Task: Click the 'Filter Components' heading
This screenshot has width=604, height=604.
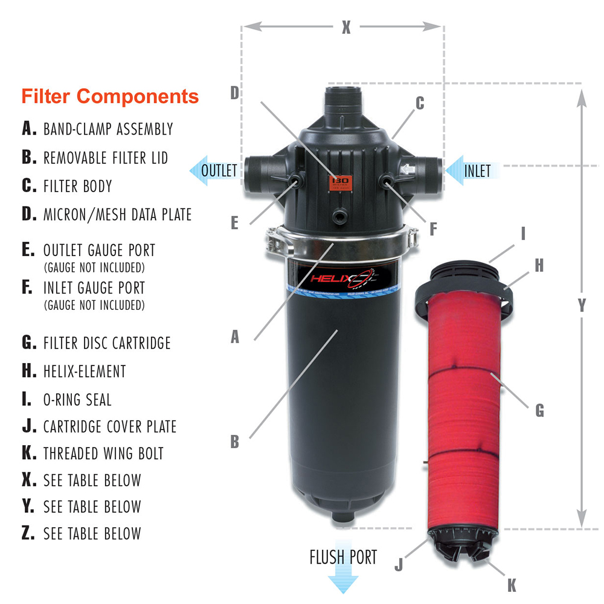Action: [110, 96]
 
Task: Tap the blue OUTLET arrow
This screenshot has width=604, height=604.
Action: [214, 170]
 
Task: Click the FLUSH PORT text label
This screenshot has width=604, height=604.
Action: [343, 557]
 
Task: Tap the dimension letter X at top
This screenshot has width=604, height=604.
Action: [345, 28]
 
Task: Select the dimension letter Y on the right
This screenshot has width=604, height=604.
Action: [582, 306]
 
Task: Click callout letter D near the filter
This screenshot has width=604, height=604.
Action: [235, 92]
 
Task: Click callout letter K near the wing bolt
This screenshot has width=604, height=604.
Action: [512, 585]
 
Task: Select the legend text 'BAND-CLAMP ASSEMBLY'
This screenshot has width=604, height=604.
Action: [108, 129]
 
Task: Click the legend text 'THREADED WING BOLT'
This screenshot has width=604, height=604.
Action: [103, 453]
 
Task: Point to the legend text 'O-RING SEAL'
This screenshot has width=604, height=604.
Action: [77, 399]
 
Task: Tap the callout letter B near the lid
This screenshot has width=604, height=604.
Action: [235, 442]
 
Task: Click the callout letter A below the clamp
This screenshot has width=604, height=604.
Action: [235, 337]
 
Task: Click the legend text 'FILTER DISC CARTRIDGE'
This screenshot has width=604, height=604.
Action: [107, 343]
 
